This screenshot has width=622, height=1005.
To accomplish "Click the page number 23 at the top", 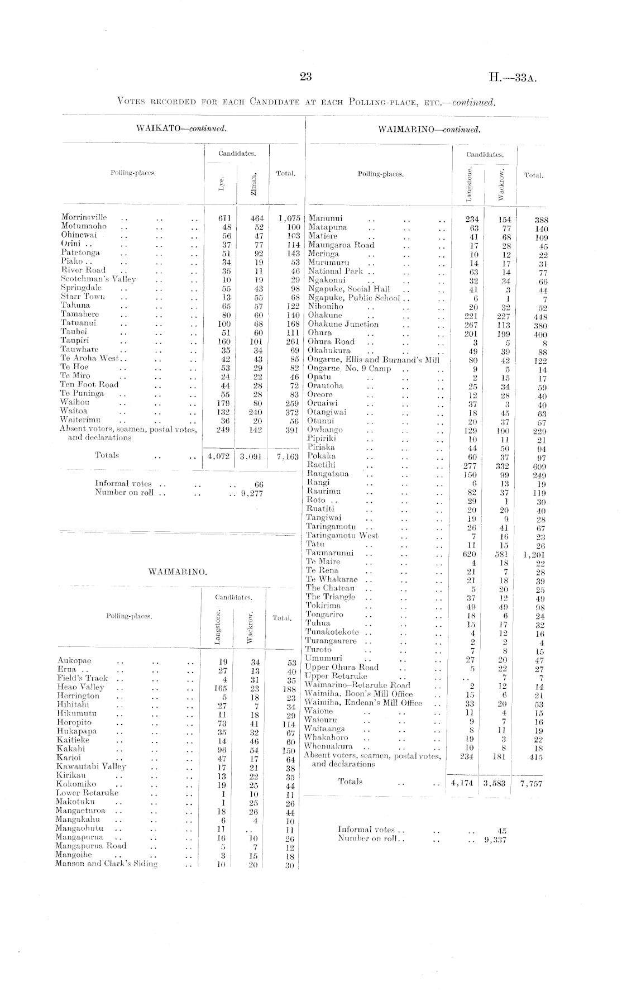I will [305, 77].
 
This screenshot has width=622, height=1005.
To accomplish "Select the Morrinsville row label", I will [84, 217].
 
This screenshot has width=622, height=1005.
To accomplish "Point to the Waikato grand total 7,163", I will [285, 457].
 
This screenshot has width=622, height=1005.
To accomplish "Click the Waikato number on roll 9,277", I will [250, 493].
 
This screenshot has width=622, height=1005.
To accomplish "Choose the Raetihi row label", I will [322, 465].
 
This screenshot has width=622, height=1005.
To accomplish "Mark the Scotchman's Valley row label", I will [98, 279].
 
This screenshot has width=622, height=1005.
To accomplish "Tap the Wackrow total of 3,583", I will [495, 783].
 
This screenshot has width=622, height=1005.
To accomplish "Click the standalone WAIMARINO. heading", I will [178, 571].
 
